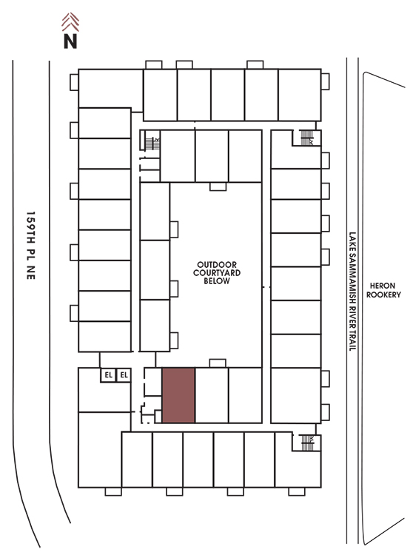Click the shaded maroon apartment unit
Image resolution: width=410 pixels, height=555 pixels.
(178, 395)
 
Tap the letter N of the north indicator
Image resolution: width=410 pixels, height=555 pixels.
(70, 41)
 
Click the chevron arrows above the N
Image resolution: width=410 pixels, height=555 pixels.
(70, 22)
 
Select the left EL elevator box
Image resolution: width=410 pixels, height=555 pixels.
(108, 375)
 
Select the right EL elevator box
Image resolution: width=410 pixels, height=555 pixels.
(124, 375)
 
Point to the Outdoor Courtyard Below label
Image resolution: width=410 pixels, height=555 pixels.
(217, 273)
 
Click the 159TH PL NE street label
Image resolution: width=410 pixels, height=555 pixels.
(31, 246)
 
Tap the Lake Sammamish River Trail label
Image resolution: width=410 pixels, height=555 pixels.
(352, 292)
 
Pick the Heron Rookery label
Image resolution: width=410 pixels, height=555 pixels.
(383, 290)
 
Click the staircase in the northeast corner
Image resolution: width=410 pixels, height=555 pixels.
(306, 138)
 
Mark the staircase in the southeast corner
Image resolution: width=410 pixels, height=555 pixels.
(307, 443)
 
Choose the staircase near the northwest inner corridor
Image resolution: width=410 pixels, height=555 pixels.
(152, 144)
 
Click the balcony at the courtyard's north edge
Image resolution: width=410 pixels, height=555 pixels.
(218, 186)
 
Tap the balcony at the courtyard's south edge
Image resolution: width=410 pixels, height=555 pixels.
(218, 363)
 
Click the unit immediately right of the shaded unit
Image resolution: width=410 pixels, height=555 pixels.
(212, 395)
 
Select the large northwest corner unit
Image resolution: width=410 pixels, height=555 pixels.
(110, 88)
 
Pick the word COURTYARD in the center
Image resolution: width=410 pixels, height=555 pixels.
(217, 273)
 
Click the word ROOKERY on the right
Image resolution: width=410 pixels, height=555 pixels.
(383, 295)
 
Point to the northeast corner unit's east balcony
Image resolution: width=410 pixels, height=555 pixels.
(326, 81)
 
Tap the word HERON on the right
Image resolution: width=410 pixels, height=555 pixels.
(383, 286)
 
